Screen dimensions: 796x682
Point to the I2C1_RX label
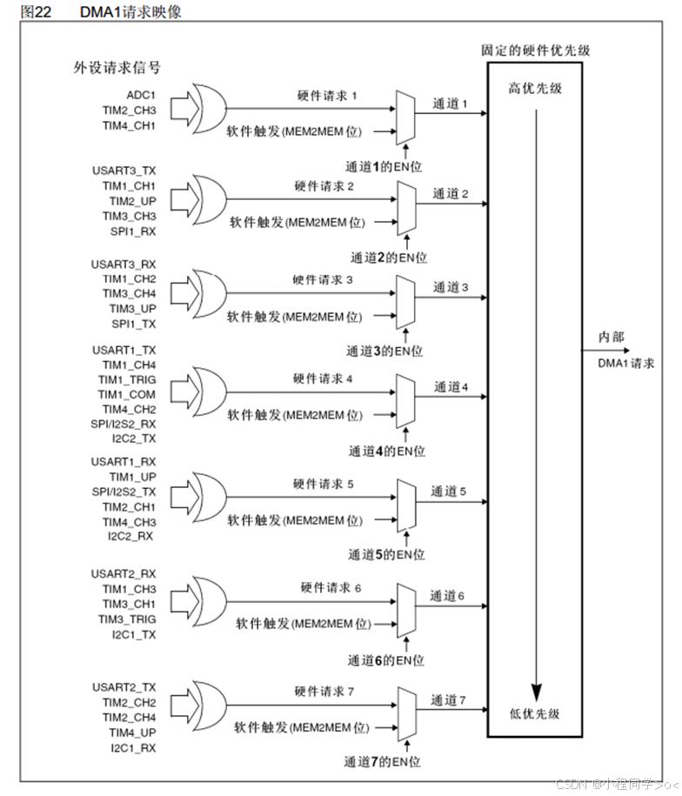133,747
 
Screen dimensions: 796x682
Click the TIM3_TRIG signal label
127,619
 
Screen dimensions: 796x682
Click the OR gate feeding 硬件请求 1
208,110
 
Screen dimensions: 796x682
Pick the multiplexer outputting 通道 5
405,506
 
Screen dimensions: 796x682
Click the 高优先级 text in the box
535,90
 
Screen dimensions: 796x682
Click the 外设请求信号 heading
117,67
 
